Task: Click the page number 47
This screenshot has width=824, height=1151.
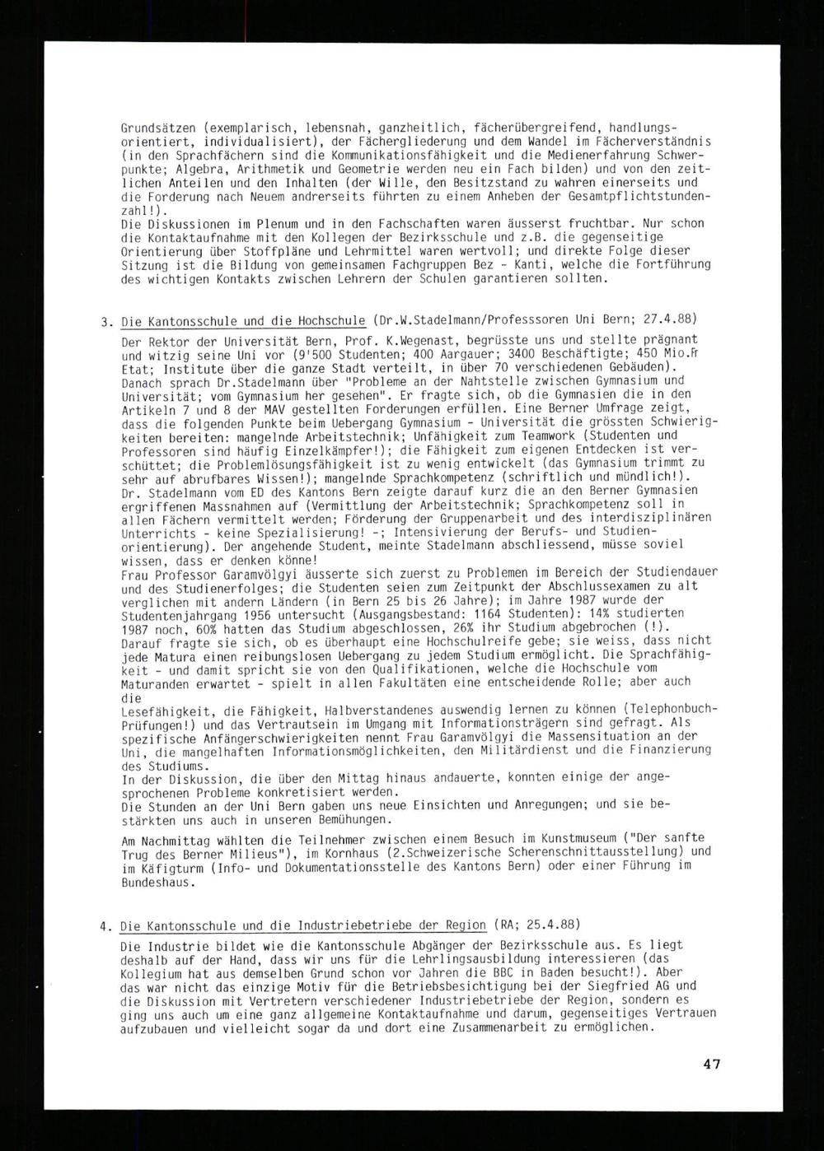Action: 712,1064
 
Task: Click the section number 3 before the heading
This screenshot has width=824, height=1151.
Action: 105,322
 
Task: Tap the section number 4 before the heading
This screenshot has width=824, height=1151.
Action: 105,925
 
